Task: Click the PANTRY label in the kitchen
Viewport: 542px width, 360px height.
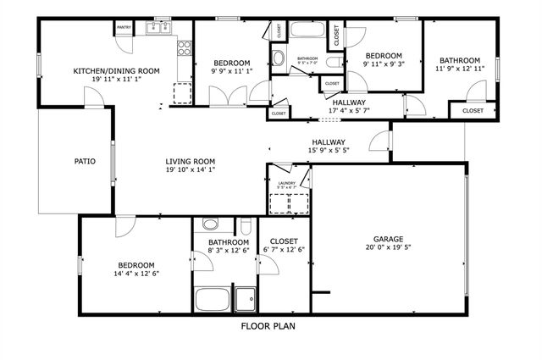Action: click(124, 28)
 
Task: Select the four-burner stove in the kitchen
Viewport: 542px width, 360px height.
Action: click(183, 47)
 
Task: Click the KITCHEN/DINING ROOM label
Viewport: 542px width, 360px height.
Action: click(116, 71)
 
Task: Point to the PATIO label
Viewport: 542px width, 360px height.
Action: click(85, 160)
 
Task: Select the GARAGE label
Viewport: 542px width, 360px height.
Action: click(390, 239)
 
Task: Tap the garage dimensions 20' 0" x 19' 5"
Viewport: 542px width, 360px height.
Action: click(390, 248)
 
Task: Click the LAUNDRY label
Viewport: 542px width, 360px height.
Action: click(286, 182)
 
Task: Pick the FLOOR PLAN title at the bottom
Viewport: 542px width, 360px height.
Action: click(268, 325)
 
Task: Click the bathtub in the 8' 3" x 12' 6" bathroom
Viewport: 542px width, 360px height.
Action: click(213, 299)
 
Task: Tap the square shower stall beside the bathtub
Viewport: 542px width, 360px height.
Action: click(246, 299)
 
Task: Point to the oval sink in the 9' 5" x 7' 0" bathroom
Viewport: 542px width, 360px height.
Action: click(278, 59)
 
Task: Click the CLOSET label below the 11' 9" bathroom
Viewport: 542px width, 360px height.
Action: click(473, 110)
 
